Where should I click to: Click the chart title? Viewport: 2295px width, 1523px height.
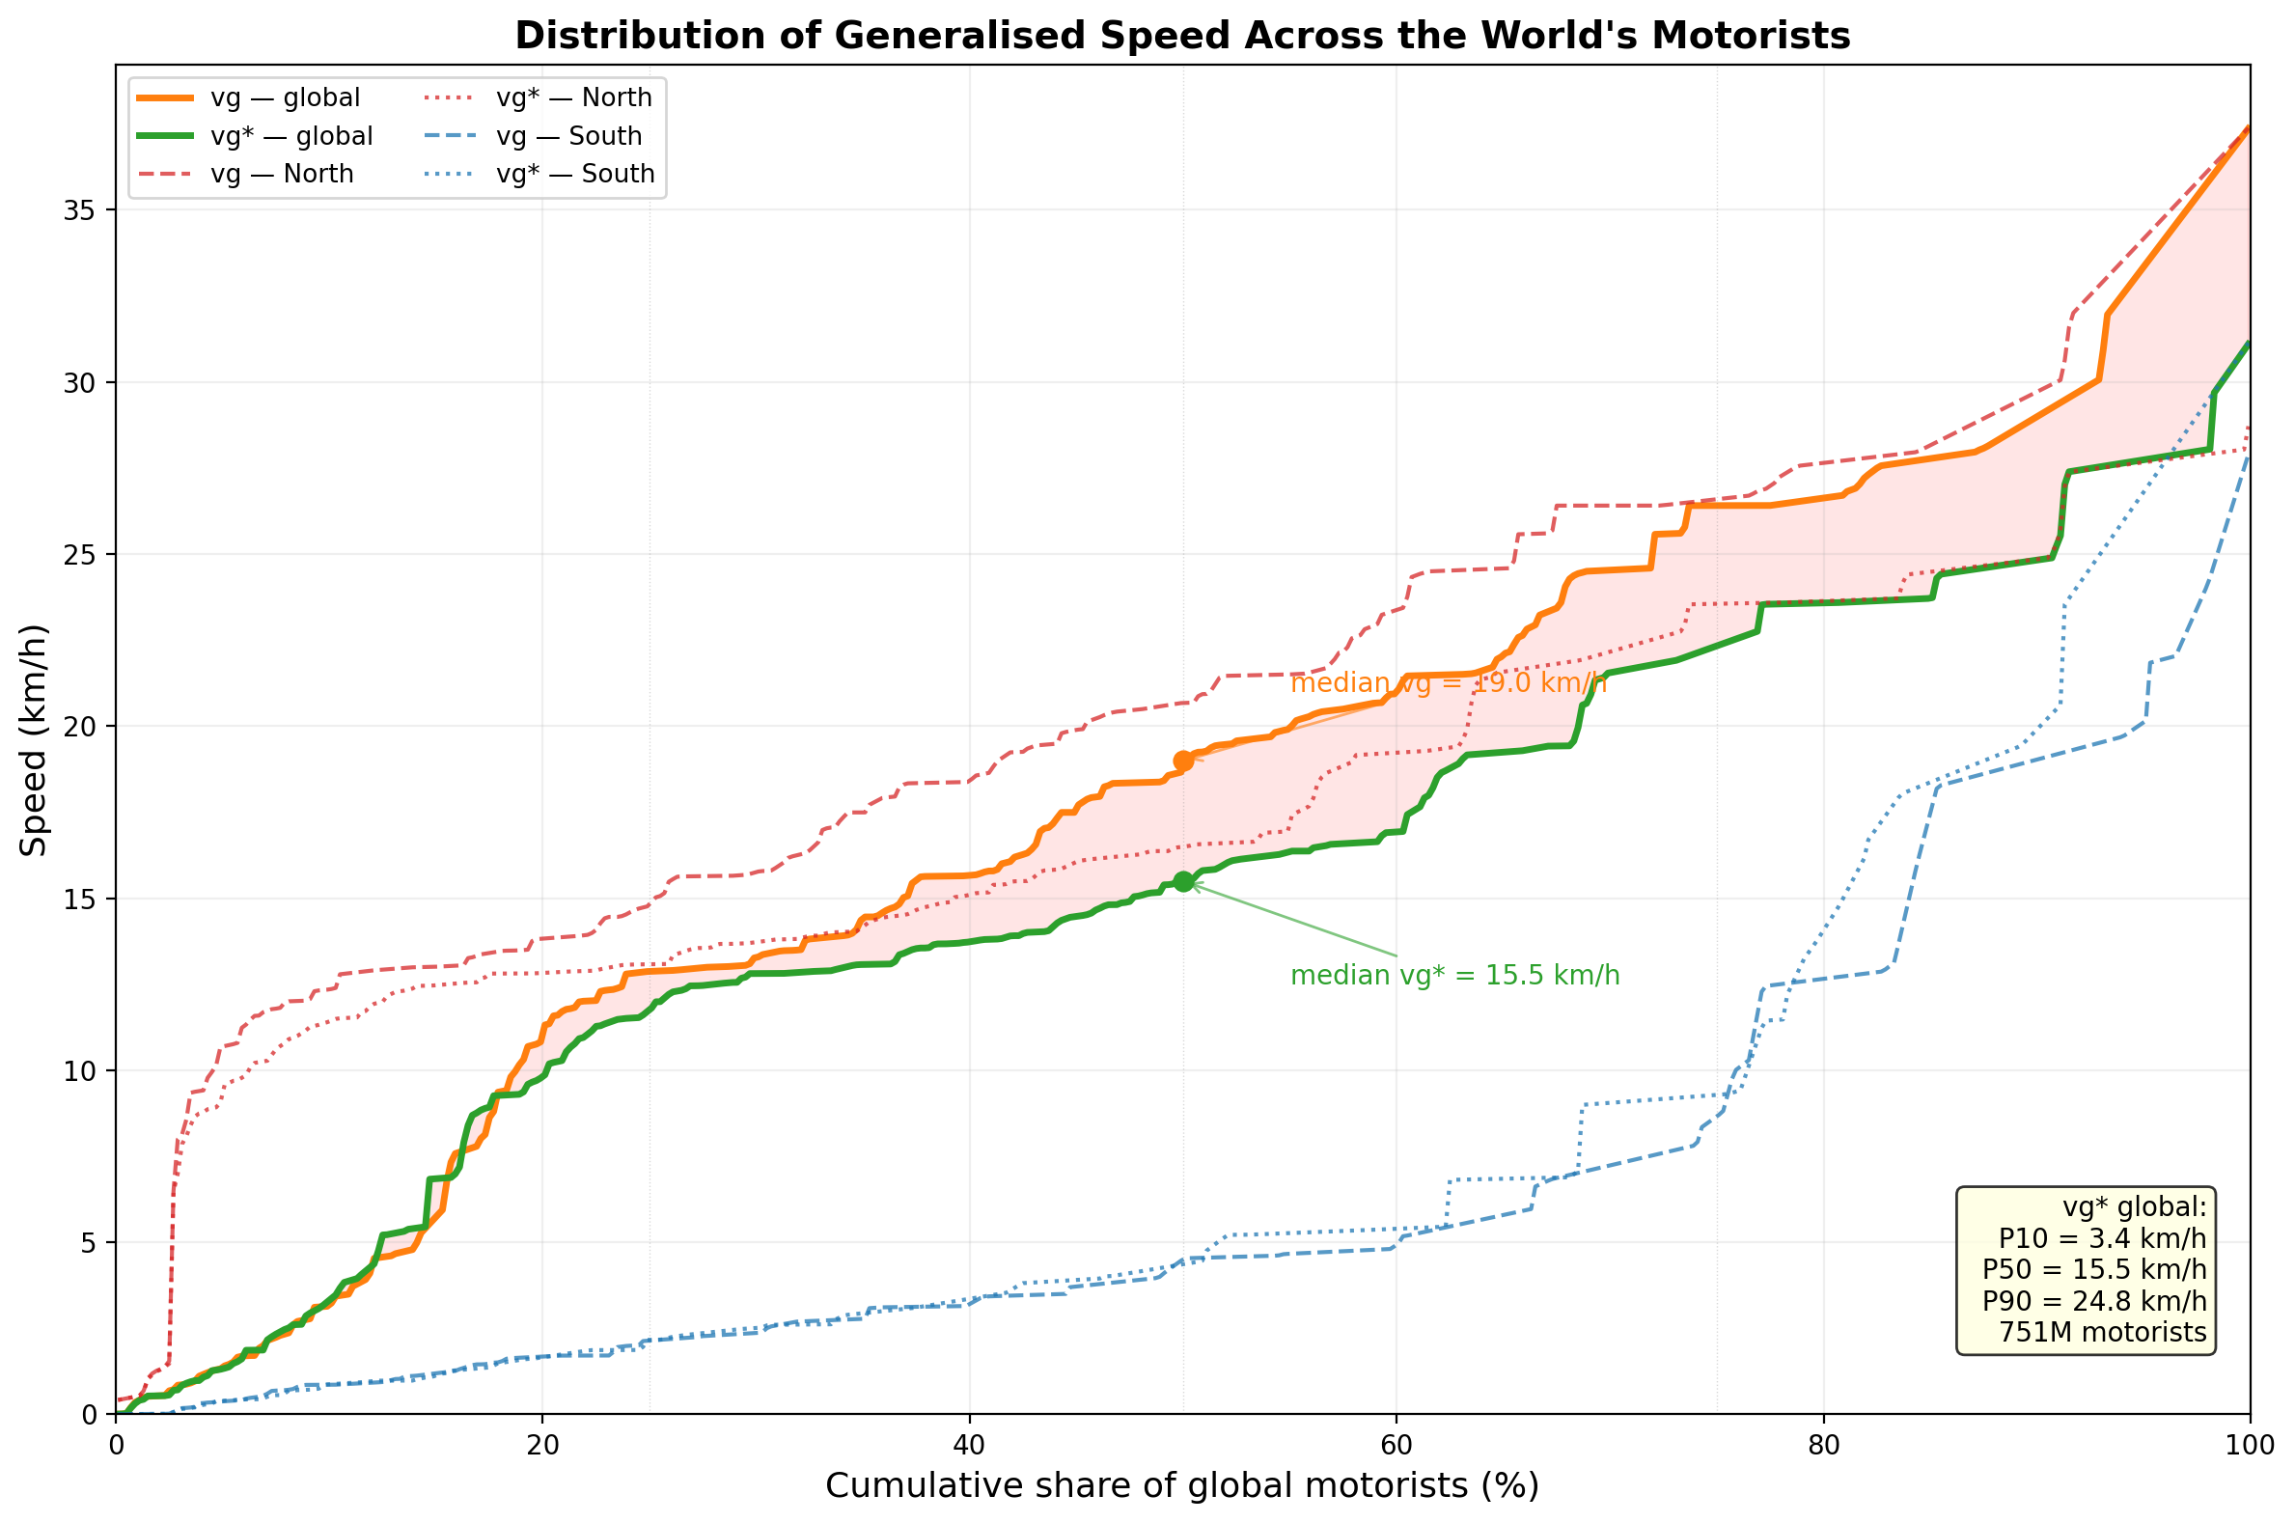pyautogui.click(x=1182, y=36)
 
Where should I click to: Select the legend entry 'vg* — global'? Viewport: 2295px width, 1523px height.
pyautogui.click(x=291, y=136)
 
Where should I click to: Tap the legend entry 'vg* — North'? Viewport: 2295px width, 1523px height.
pyautogui.click(x=573, y=98)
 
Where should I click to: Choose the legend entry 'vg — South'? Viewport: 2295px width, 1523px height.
pyautogui.click(x=568, y=136)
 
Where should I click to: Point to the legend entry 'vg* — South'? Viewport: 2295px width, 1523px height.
pyautogui.click(x=575, y=174)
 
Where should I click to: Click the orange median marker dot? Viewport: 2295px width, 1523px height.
pyautogui.click(x=1183, y=761)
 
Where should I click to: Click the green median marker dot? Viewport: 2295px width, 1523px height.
pyautogui.click(x=1183, y=881)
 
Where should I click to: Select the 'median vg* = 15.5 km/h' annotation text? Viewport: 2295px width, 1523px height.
pyautogui.click(x=1455, y=976)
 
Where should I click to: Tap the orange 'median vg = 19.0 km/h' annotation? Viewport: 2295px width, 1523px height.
pyautogui.click(x=1448, y=683)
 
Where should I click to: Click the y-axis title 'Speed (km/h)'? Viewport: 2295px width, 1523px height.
pyautogui.click(x=34, y=740)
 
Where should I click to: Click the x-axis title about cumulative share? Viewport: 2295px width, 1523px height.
pyautogui.click(x=1182, y=1486)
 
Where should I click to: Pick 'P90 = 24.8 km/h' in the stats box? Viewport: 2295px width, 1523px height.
pyautogui.click(x=2094, y=1301)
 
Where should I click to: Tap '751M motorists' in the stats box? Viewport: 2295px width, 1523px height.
pyautogui.click(x=2103, y=1332)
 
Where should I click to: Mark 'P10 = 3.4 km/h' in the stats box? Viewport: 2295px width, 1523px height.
pyautogui.click(x=2103, y=1238)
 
